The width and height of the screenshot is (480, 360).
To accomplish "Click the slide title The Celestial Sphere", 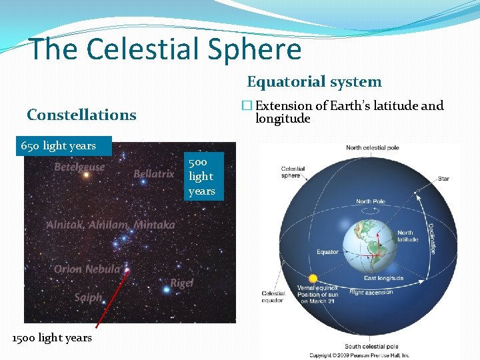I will click(165, 49).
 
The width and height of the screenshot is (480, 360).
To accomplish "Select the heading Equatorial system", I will click(314, 82).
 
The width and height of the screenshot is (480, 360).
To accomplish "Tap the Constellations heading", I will click(81, 115).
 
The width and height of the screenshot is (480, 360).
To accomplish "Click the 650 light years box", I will click(59, 145).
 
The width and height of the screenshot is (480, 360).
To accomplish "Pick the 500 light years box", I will click(201, 177).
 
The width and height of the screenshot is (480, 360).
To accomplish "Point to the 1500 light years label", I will click(52, 338).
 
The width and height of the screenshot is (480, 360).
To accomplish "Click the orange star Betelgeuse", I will click(85, 175).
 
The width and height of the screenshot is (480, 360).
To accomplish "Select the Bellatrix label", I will click(153, 174).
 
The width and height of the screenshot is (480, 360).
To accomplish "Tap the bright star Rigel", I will click(166, 289).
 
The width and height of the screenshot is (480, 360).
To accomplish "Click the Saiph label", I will click(88, 297).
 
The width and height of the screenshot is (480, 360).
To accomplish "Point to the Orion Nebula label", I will click(87, 269).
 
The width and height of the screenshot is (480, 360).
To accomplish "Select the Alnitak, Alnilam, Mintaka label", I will click(111, 225).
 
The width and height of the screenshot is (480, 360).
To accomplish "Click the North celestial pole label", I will click(373, 147).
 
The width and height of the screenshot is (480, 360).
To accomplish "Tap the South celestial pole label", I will click(372, 346).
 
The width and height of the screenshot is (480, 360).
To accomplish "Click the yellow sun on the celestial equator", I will click(311, 278).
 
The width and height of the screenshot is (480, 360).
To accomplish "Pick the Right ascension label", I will click(371, 292).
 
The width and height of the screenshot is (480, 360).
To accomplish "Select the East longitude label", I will click(383, 278).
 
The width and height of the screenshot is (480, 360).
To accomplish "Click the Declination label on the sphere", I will click(431, 238).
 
